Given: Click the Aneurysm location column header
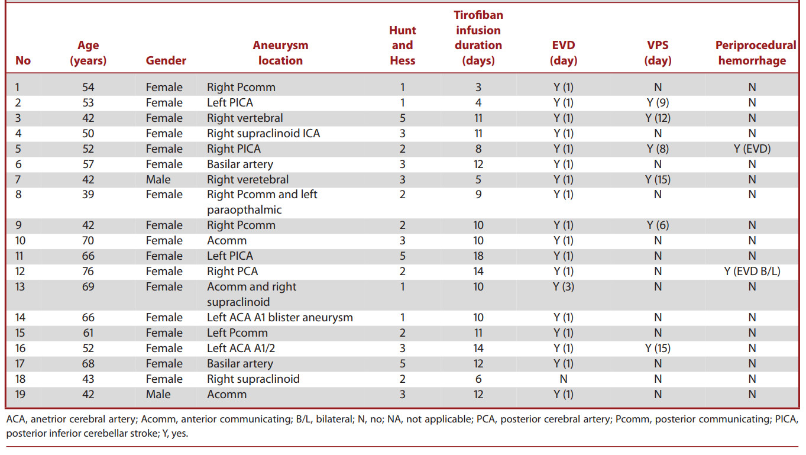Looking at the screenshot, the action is (x=280, y=53).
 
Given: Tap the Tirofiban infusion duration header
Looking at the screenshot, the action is (x=478, y=37).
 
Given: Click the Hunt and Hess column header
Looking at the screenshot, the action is (x=402, y=45).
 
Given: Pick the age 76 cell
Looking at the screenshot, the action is (x=88, y=271).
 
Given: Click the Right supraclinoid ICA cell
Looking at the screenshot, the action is (x=263, y=133).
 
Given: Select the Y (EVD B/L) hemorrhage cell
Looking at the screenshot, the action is (x=752, y=271).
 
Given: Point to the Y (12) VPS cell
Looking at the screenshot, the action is (x=658, y=118).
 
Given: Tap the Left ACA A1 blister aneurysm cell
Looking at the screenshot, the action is (x=280, y=318).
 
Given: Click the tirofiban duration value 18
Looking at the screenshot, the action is (x=478, y=256).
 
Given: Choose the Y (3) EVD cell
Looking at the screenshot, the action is (x=564, y=286).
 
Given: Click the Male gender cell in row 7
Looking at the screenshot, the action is (x=158, y=179).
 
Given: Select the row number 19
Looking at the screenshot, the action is (x=20, y=394).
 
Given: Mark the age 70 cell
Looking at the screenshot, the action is (x=88, y=240).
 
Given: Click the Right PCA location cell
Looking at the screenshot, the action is (x=232, y=271).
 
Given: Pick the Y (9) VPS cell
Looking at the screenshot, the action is (x=658, y=102).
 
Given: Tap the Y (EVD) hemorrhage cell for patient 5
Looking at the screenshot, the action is (x=752, y=149).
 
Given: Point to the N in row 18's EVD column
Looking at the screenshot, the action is (x=564, y=379).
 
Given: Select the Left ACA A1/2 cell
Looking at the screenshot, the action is (x=241, y=348).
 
